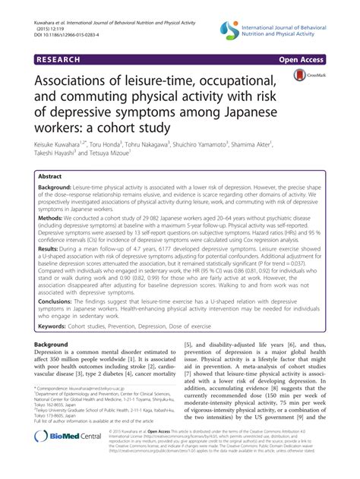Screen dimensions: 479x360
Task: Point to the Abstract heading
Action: pos(54,174)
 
